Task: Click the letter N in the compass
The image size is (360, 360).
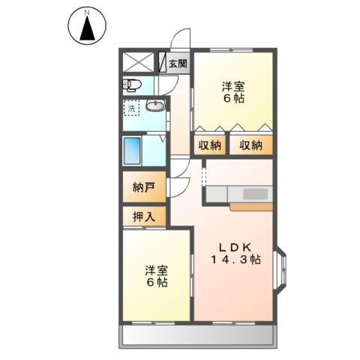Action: pyautogui.click(x=88, y=13)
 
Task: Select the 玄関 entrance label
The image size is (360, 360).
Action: pyautogui.click(x=177, y=63)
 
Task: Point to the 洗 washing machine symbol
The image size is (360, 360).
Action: pyautogui.click(x=132, y=109)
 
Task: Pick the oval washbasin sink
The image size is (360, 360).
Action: pyautogui.click(x=155, y=106)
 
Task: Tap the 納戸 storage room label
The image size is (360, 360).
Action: pyautogui.click(x=144, y=187)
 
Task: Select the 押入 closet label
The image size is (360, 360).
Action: pyautogui.click(x=144, y=217)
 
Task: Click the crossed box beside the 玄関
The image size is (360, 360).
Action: pyautogui.click(x=139, y=62)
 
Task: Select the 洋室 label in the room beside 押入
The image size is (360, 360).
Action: pyautogui.click(x=157, y=271)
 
